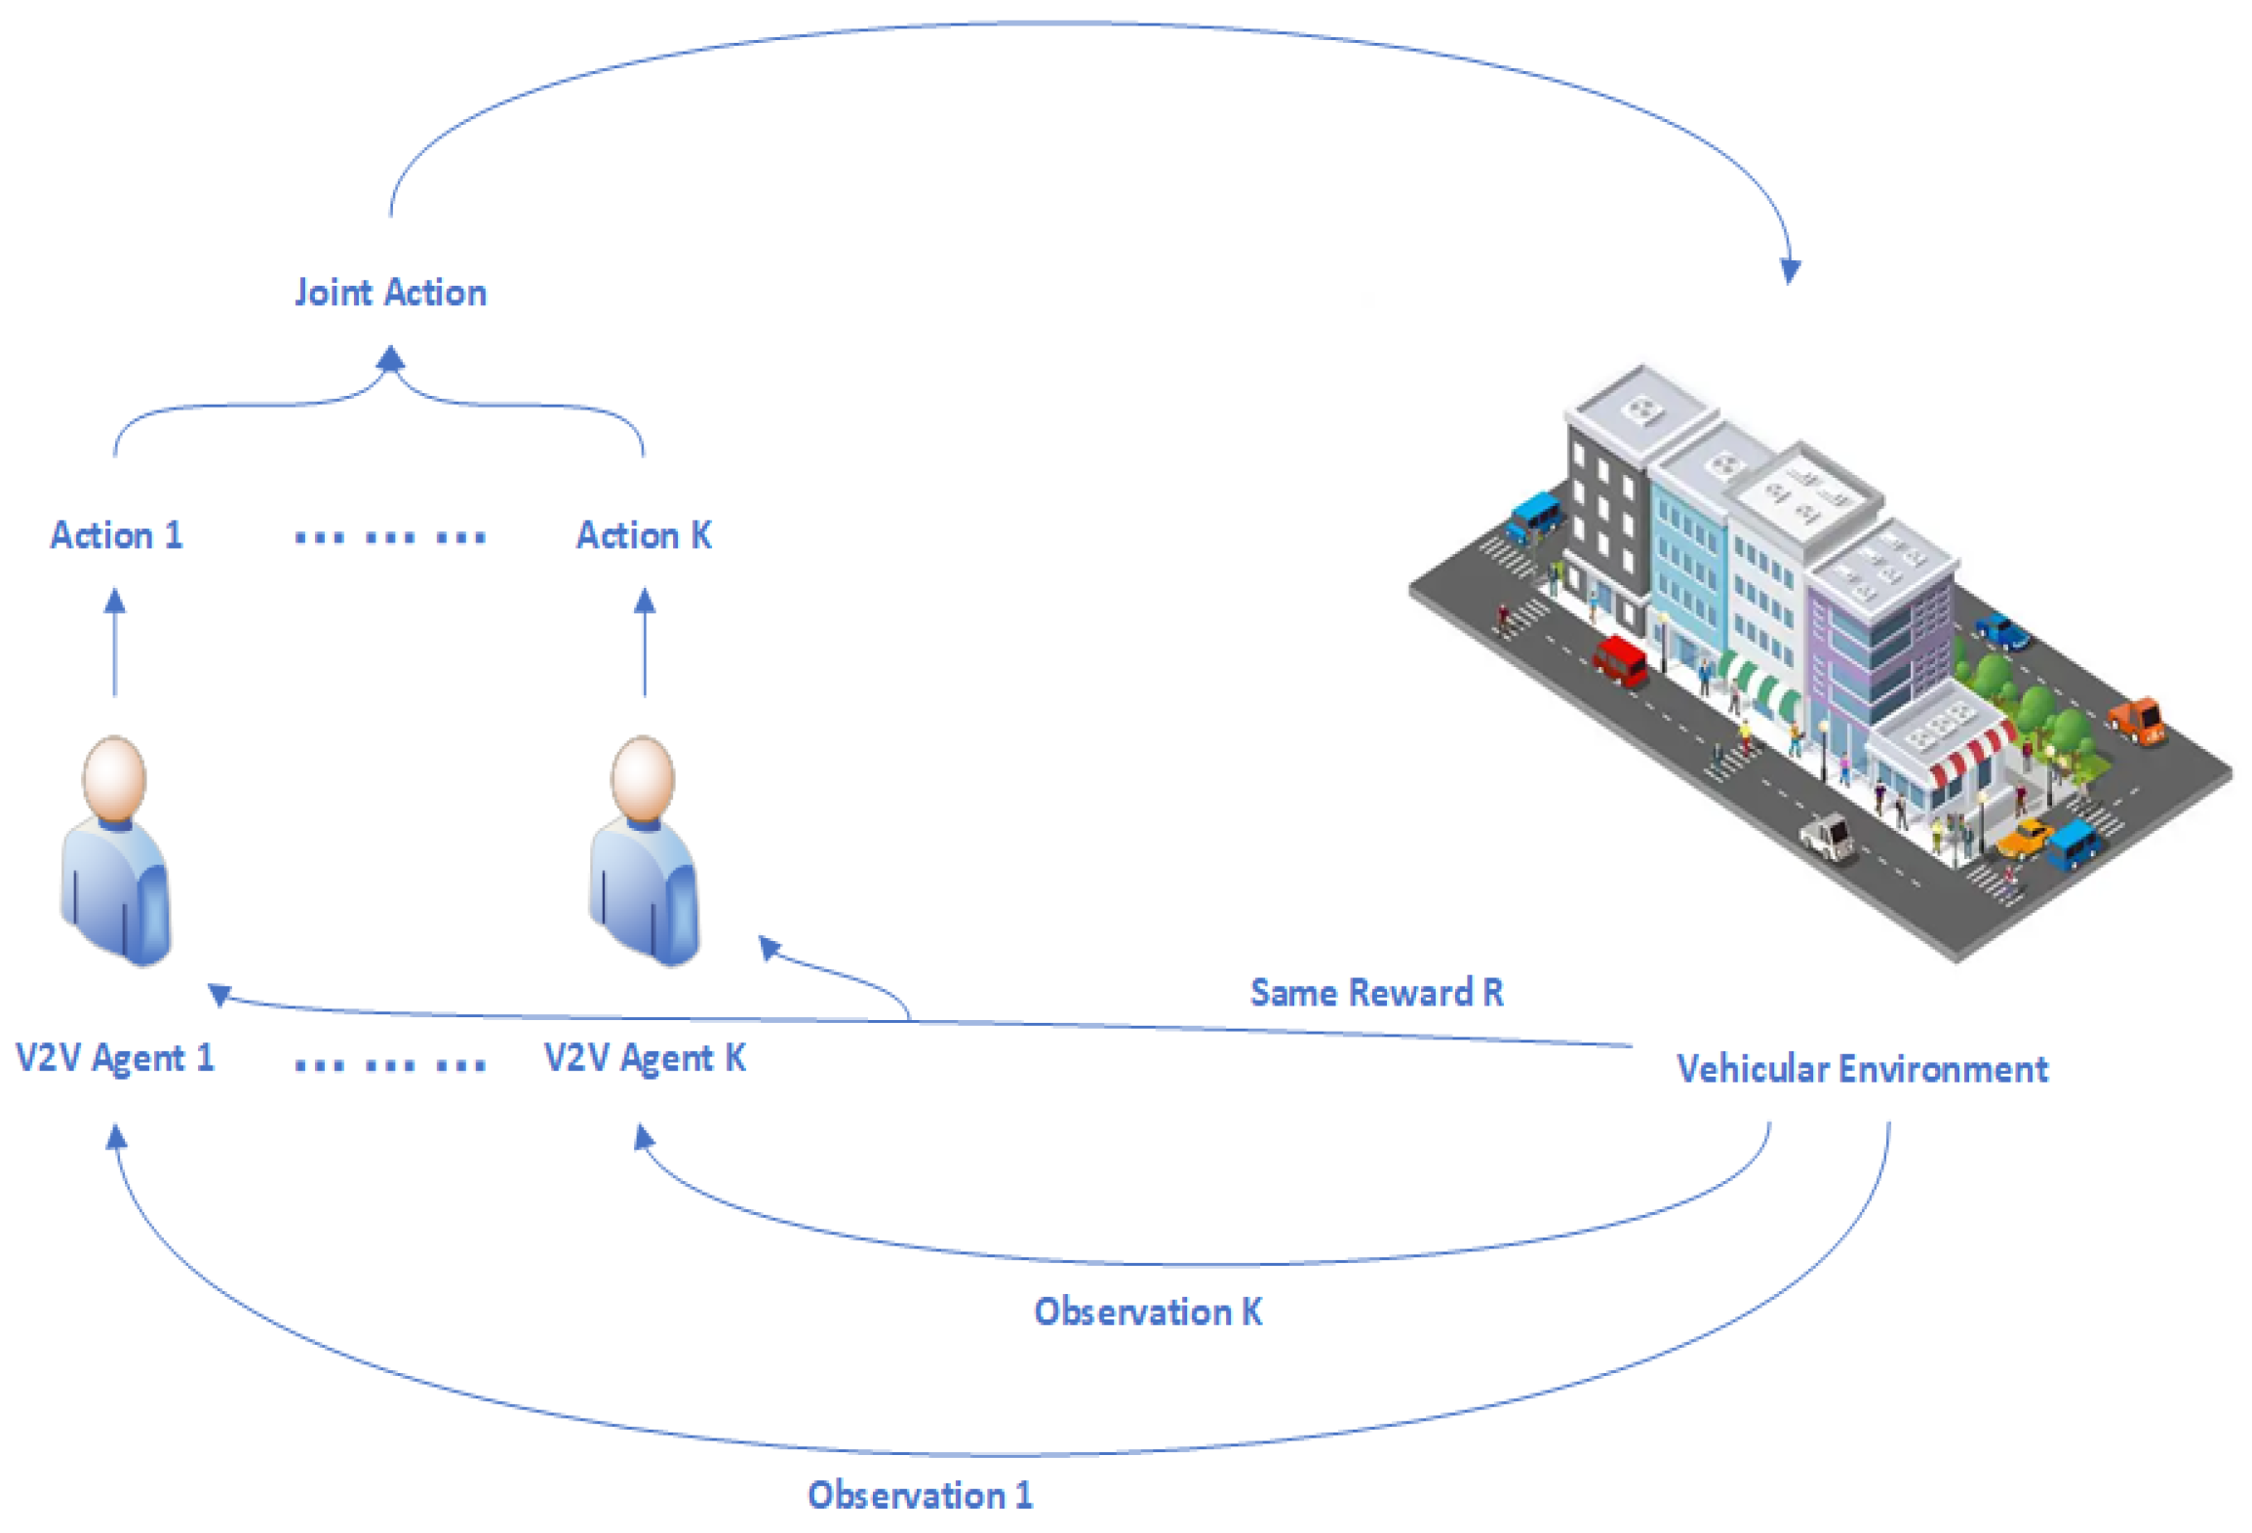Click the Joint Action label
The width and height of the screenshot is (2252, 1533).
tap(390, 293)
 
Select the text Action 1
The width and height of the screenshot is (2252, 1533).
tap(116, 535)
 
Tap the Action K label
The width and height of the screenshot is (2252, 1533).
tap(644, 535)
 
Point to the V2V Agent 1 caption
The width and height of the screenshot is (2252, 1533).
tap(115, 1058)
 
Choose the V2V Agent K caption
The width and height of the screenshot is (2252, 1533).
tap(645, 1058)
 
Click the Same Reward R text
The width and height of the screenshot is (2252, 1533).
tap(1376, 993)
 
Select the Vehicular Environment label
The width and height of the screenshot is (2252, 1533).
tap(1861, 1069)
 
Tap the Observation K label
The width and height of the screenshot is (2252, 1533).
tap(1148, 1312)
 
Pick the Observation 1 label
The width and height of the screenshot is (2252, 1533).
tap(920, 1495)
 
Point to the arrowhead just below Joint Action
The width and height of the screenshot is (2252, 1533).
tap(390, 360)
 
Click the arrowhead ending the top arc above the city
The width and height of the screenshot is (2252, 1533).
tap(1790, 270)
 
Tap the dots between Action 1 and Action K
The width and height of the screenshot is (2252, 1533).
tap(390, 536)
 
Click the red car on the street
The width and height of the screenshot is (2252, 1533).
tap(1619, 658)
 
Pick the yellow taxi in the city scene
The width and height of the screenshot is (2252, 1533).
tap(2025, 837)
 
